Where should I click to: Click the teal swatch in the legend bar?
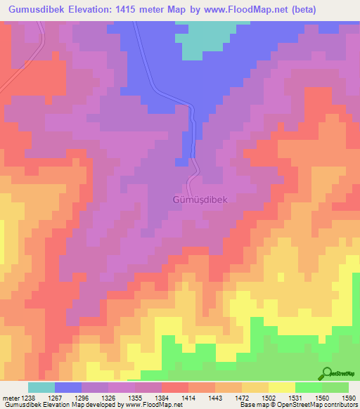[41, 387]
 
